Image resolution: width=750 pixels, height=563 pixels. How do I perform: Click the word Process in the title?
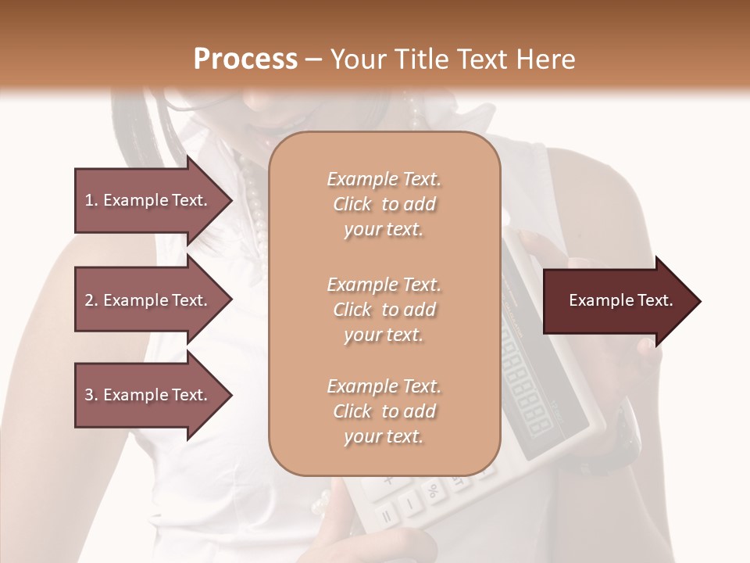point(245,59)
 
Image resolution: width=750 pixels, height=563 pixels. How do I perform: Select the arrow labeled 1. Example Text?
point(148,200)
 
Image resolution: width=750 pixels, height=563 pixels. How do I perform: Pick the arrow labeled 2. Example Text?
point(148,300)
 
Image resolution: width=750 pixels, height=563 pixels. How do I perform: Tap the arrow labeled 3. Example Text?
point(148,395)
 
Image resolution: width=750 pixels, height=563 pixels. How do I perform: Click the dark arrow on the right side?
point(617,301)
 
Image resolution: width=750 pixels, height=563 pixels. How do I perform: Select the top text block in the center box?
point(384,204)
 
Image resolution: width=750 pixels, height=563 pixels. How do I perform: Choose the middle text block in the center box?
point(384,310)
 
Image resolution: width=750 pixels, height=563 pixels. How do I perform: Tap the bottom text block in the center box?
point(384,411)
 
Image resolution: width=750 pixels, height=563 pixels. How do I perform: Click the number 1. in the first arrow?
point(91,200)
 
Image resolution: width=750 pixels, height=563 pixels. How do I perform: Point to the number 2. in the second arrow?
point(91,300)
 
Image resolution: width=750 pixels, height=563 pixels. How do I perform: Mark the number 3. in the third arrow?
point(91,395)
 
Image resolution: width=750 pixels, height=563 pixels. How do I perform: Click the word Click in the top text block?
point(352,204)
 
